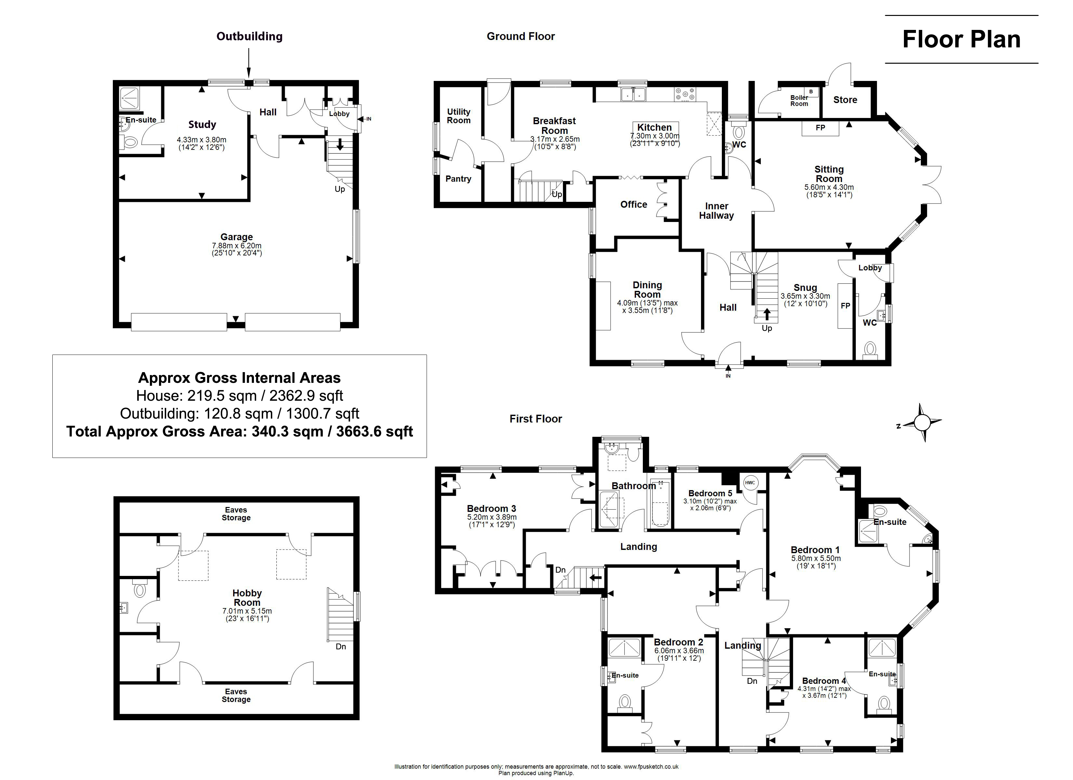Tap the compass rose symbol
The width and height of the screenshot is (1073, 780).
click(x=921, y=422)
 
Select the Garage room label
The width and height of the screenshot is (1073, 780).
click(x=237, y=237)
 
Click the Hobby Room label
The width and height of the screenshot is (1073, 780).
click(x=247, y=598)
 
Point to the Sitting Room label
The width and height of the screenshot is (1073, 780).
click(x=829, y=174)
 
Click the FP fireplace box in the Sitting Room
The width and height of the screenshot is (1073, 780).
click(x=820, y=128)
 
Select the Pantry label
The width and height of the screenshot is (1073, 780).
click(x=458, y=179)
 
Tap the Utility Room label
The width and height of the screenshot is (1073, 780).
click(x=459, y=116)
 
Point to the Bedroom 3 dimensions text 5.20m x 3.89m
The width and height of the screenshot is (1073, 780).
click(x=492, y=517)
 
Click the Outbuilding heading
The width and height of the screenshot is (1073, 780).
click(x=249, y=36)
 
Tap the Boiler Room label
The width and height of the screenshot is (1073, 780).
click(x=799, y=101)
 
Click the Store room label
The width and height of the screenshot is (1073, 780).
click(x=845, y=100)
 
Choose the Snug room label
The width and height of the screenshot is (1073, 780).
click(x=805, y=288)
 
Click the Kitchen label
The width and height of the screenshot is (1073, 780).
click(x=654, y=127)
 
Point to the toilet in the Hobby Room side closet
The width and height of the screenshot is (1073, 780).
click(x=139, y=589)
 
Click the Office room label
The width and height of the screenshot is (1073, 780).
click(x=634, y=204)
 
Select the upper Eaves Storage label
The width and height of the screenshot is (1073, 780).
click(x=236, y=514)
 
